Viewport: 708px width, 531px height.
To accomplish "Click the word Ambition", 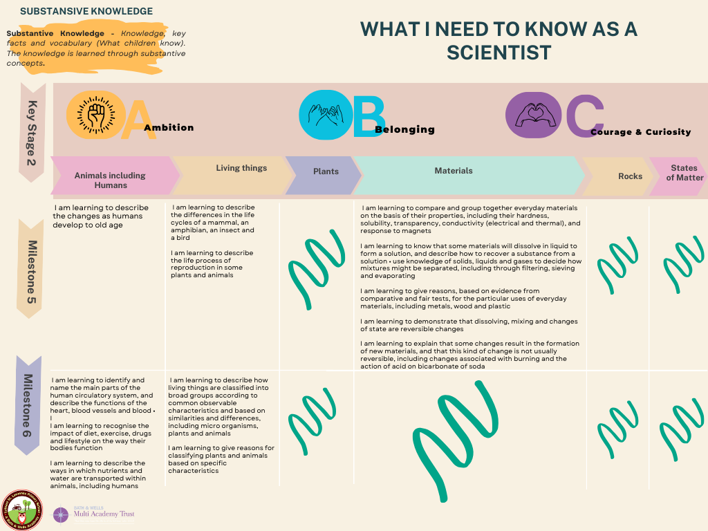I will [x=169, y=127].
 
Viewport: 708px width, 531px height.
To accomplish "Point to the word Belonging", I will [x=404, y=129].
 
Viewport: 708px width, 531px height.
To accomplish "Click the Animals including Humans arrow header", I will [x=111, y=180].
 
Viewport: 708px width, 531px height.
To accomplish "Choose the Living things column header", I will [x=241, y=168].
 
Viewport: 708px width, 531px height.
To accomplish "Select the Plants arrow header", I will [x=325, y=171].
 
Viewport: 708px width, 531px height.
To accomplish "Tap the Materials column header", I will [x=454, y=171].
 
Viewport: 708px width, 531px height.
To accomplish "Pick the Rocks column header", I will [x=630, y=176].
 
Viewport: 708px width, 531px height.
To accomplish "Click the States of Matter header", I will [x=684, y=173].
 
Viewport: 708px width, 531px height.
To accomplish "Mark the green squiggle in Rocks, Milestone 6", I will [x=617, y=428].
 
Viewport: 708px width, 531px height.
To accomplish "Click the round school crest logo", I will [x=22, y=509].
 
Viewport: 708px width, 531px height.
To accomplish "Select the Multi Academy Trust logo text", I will [x=102, y=514].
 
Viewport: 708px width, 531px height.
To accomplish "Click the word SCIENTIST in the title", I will [x=499, y=52].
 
